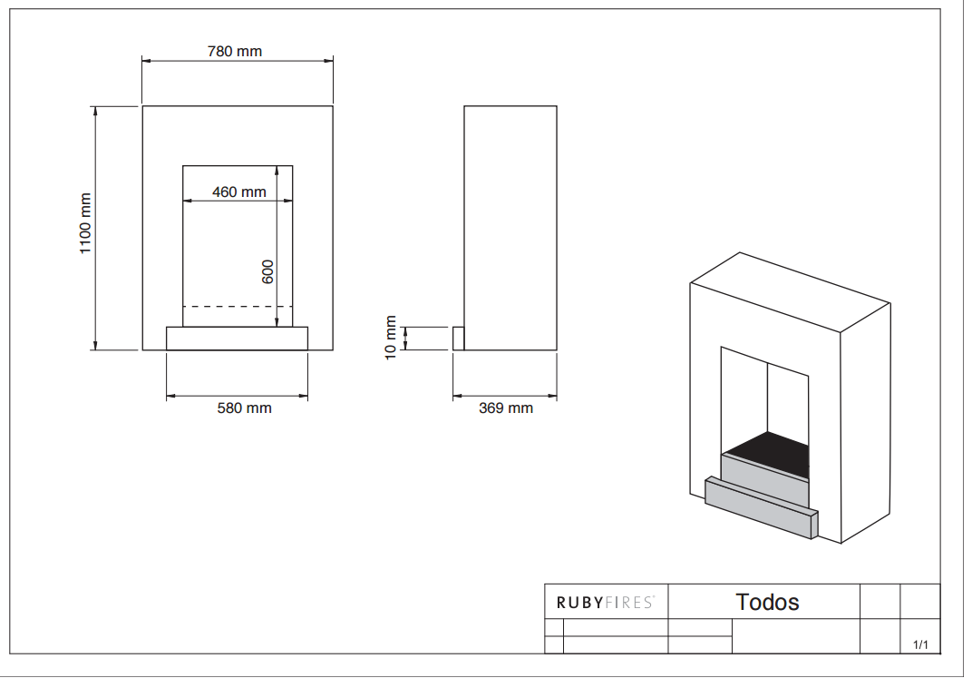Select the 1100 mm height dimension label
pos(86,224)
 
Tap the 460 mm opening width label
pos(239,192)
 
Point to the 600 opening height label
pos(268,271)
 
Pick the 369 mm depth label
pos(506,408)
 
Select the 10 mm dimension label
pos(391,338)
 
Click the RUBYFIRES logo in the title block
pos(605,602)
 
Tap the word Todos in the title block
pos(767,602)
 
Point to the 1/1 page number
pos(920,644)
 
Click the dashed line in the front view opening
pos(238,307)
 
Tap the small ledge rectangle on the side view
pos(459,339)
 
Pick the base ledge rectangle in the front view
pos(237,338)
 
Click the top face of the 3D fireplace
pos(789,289)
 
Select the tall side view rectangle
pos(510,227)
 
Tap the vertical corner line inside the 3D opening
pos(768,399)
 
